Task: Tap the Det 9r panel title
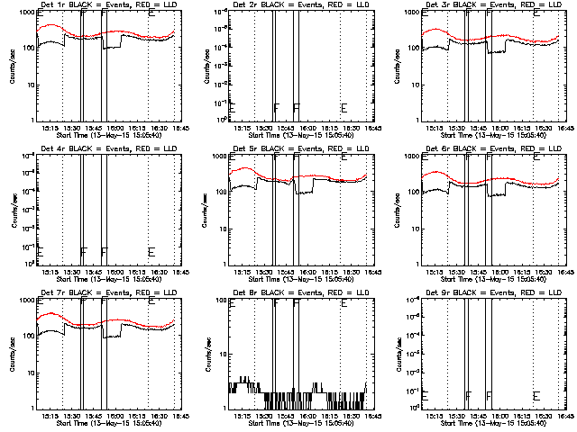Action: coord(482,292)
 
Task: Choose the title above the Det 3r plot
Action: coord(482,5)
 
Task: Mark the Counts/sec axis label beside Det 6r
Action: coord(397,209)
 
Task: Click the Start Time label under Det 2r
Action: coord(291,135)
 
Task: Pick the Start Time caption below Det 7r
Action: coord(98,422)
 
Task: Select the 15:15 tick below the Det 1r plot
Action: coord(50,129)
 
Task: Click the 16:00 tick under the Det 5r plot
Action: coord(309,272)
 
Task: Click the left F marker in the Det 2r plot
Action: coord(276,108)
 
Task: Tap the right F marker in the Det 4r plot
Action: coord(104,251)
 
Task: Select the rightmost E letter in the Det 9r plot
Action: coord(536,395)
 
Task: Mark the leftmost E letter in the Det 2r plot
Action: coord(232,108)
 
